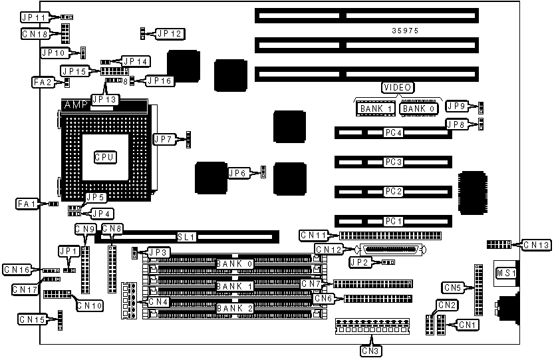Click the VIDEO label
[x=398, y=87]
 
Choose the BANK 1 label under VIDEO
[x=376, y=108]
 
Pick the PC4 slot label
[x=394, y=132]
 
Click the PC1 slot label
[x=394, y=220]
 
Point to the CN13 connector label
[x=536, y=246]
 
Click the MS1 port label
[x=505, y=273]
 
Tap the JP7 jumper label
[x=164, y=139]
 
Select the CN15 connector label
[x=32, y=319]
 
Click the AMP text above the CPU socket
[x=76, y=105]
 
